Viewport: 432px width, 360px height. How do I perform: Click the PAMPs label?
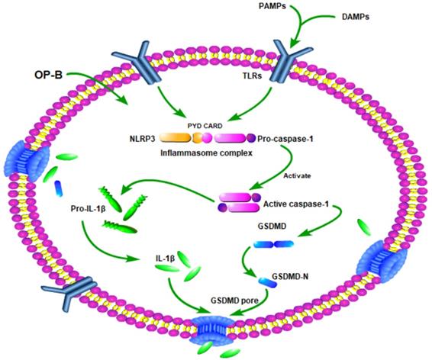point(270,7)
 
